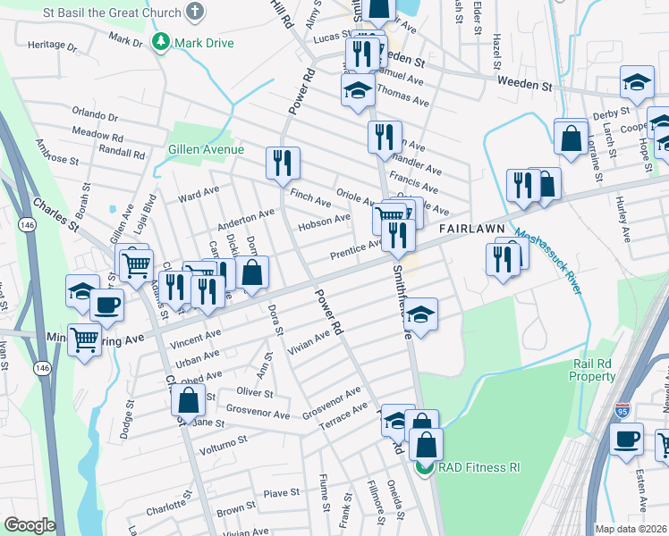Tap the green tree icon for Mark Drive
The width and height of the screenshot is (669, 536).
(x=161, y=42)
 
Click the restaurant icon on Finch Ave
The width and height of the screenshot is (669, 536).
(x=283, y=163)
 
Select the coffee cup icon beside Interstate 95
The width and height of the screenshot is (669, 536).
(x=626, y=439)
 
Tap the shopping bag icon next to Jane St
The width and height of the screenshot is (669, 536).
(x=189, y=400)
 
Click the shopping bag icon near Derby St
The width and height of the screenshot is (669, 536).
(x=571, y=138)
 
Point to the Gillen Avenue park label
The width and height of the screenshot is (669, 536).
(x=206, y=149)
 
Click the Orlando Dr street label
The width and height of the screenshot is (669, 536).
(x=97, y=116)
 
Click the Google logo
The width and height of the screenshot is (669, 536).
(x=29, y=525)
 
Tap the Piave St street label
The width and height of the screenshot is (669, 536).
(x=281, y=493)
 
